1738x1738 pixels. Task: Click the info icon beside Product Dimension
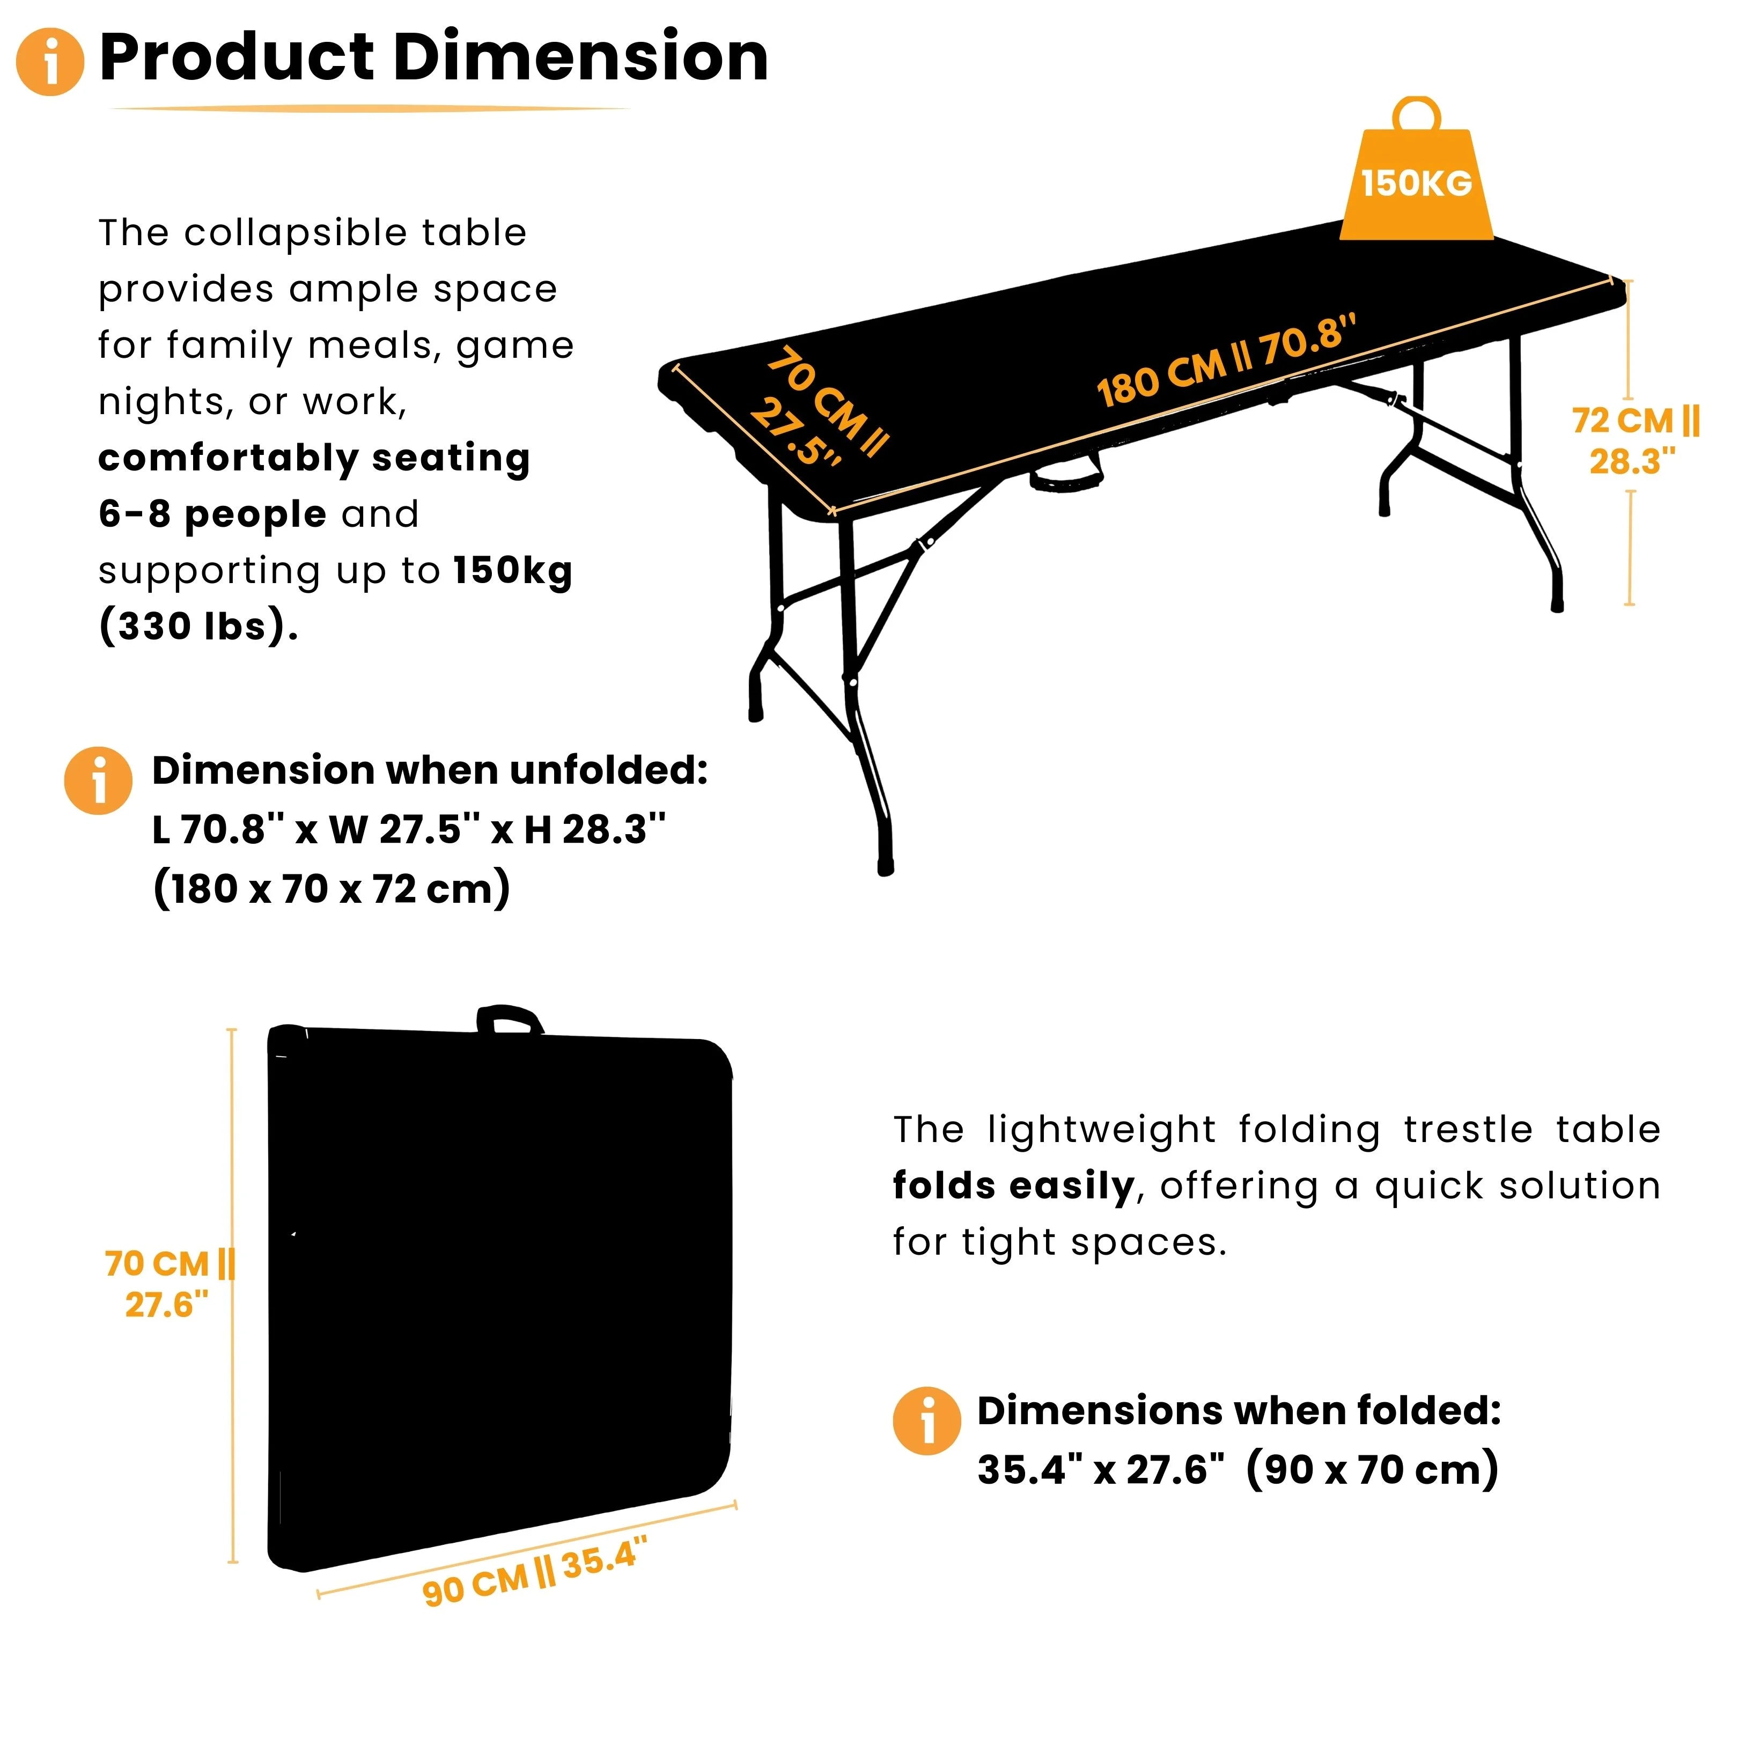[50, 61]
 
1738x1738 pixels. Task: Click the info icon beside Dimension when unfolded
[99, 781]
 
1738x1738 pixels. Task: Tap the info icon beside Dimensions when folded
[926, 1420]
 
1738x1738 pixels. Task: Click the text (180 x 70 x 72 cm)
[331, 889]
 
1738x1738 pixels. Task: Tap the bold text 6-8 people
[212, 514]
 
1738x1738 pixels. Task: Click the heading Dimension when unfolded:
[430, 770]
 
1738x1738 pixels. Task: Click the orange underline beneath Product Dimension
[369, 109]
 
